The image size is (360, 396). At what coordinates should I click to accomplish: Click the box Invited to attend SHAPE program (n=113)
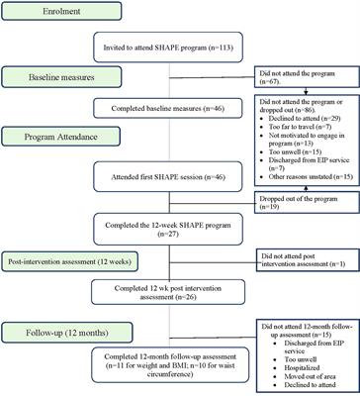(178, 48)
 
